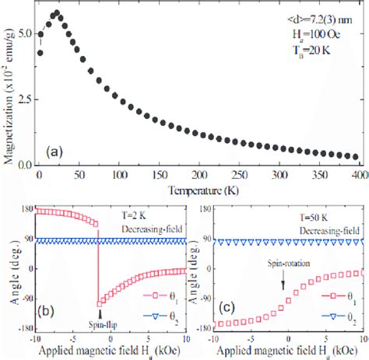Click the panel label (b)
pos(47,316)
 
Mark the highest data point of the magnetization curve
pos(56,13)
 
